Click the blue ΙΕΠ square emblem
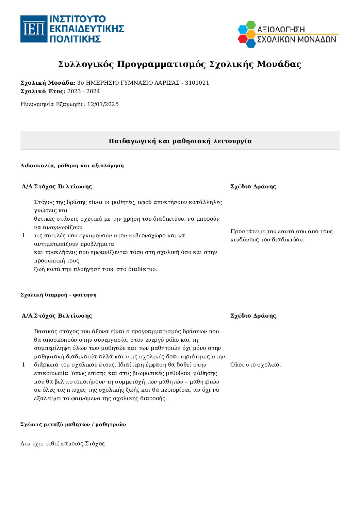34,29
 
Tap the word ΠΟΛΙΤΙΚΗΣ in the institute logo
76,39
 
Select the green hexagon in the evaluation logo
251,25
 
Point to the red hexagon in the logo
243,39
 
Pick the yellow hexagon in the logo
251,34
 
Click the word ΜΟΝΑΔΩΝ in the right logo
317,39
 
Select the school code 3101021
197,83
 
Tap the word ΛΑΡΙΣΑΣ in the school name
167,83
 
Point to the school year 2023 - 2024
84,91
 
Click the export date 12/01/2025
103,104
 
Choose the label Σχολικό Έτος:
43,91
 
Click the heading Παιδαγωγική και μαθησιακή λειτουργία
180,141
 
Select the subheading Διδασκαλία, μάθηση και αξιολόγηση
72,166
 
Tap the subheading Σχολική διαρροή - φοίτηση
59,295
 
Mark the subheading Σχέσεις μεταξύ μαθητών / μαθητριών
73,424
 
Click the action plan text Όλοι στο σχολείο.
256,365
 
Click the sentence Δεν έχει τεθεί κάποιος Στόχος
63,444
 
